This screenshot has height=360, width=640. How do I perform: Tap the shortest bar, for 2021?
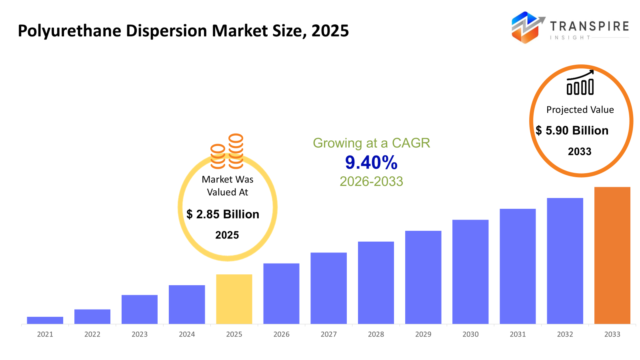pyautogui.click(x=45, y=320)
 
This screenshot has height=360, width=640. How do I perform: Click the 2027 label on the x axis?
pyautogui.click(x=328, y=334)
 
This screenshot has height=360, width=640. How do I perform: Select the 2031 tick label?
pyautogui.click(x=518, y=334)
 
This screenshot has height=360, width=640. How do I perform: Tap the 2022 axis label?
pyautogui.click(x=92, y=334)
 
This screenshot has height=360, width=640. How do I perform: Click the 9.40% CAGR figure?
pyautogui.click(x=371, y=162)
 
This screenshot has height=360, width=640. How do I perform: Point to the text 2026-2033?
pyautogui.click(x=371, y=182)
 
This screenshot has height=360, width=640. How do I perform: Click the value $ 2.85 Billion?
pyautogui.click(x=223, y=214)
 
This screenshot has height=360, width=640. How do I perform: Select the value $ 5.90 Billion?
pyautogui.click(x=572, y=130)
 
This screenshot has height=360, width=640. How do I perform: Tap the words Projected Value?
pyautogui.click(x=580, y=110)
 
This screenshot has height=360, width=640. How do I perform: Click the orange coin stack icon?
pyautogui.click(x=227, y=152)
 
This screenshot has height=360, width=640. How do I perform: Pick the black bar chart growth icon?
pyautogui.click(x=580, y=83)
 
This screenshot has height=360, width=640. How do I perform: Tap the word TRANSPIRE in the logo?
pyautogui.click(x=589, y=26)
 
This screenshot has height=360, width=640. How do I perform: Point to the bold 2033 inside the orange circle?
pyautogui.click(x=580, y=152)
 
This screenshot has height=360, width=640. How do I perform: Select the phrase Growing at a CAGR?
pyautogui.click(x=371, y=143)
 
